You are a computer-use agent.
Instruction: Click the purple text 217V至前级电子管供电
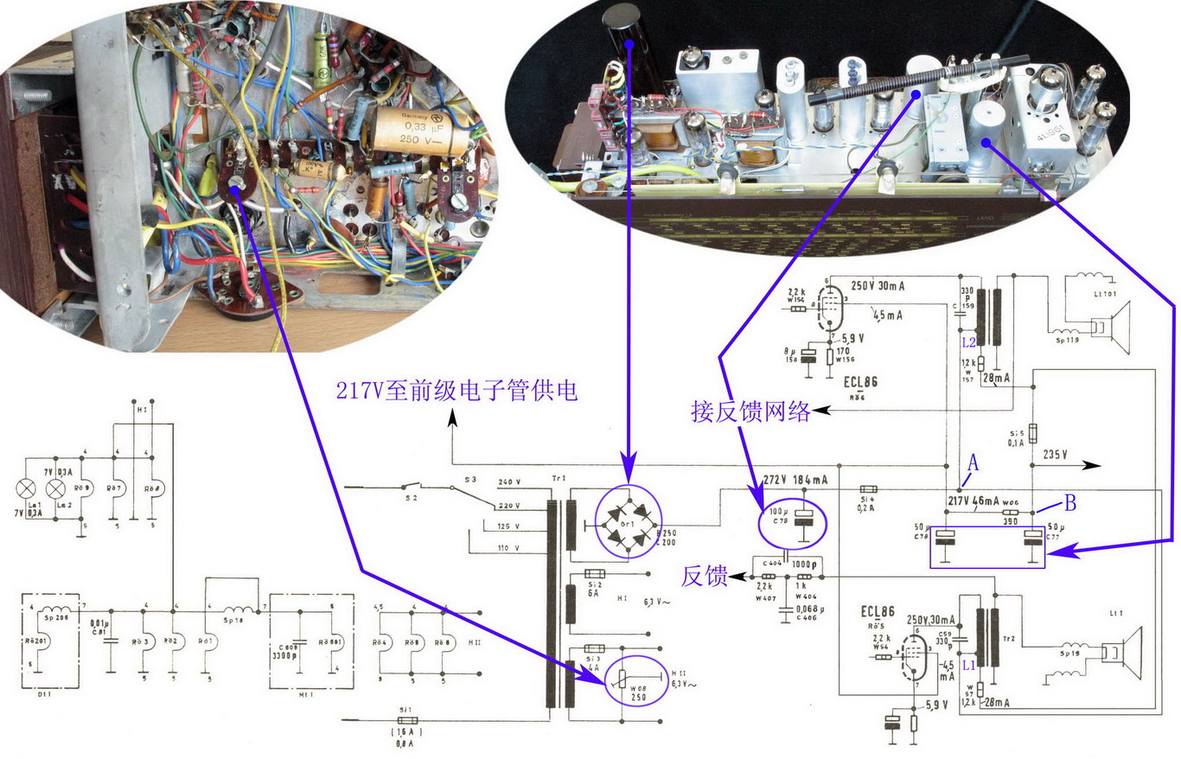pos(456,392)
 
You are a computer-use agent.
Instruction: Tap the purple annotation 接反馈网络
pos(750,411)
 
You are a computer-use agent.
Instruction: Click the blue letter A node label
pos(973,463)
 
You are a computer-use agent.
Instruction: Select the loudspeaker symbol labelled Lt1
pos(1124,654)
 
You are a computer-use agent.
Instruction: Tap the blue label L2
pos(968,342)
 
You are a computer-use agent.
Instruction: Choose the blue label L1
pos(968,666)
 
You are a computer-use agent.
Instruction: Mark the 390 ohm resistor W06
pos(1007,513)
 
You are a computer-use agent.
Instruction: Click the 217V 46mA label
pos(981,501)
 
